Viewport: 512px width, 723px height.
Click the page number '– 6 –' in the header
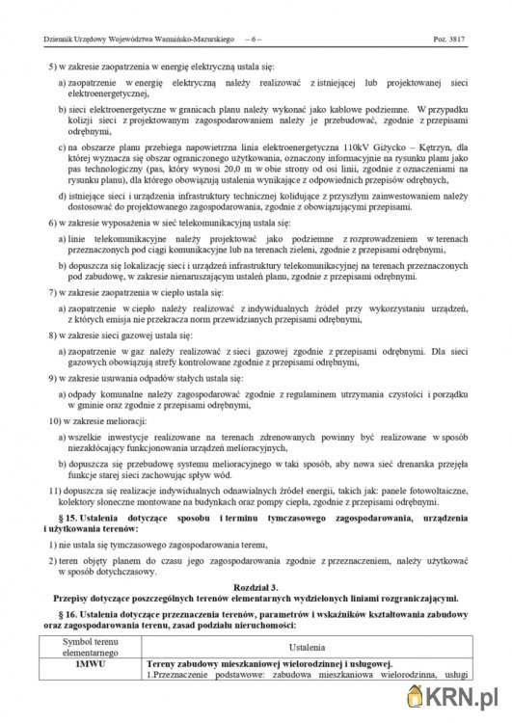256,40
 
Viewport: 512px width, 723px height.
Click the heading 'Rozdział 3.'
256,587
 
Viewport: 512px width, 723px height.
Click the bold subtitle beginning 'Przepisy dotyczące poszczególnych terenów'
256,598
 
